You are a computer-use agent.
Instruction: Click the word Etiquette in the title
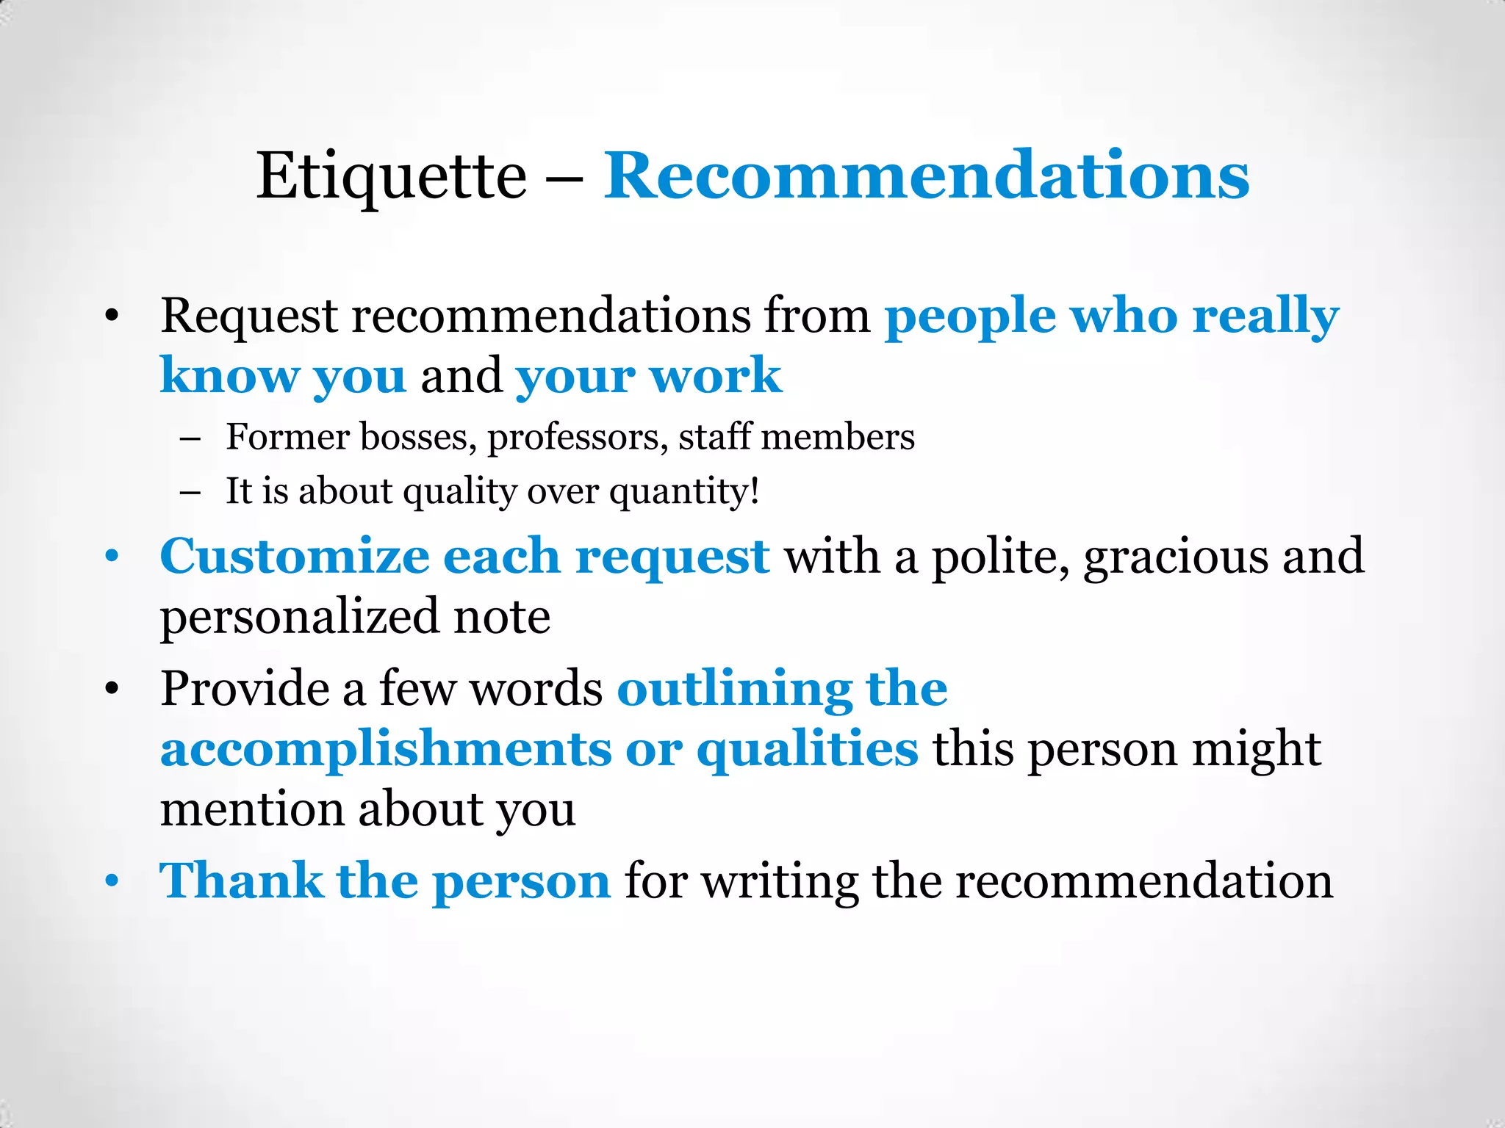391,176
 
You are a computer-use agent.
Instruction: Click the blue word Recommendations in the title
926,176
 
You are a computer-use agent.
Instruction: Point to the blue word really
1265,317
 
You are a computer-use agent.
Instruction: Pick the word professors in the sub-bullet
578,438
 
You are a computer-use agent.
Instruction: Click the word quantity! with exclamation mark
684,491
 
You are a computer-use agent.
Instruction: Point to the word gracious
1176,556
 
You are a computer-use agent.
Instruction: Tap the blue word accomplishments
386,750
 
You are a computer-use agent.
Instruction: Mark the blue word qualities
807,750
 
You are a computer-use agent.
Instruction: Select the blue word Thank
241,881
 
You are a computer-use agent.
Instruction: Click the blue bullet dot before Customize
112,556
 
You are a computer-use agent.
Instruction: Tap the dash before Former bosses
190,438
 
